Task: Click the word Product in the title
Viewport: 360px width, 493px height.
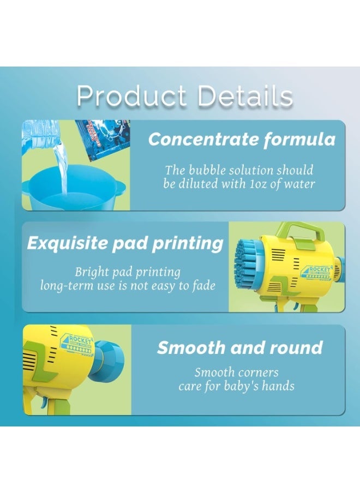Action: [131, 97]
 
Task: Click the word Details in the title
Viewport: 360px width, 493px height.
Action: [245, 96]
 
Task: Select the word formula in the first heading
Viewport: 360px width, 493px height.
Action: [299, 140]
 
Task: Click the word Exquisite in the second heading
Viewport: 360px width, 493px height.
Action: [67, 243]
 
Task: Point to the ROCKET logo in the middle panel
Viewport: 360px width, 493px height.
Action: [316, 272]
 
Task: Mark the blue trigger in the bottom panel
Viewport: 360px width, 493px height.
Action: [44, 402]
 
